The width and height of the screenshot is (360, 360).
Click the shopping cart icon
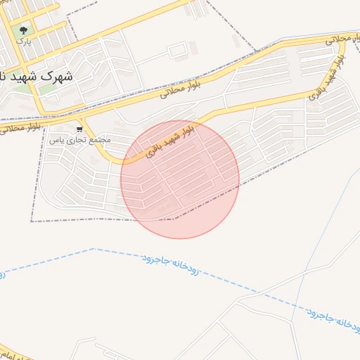coord(80,129)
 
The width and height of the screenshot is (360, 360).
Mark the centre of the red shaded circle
coord(180,179)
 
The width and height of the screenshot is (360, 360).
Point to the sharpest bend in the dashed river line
coord(93,248)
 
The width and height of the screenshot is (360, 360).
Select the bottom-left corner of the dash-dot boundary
coord(32,221)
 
